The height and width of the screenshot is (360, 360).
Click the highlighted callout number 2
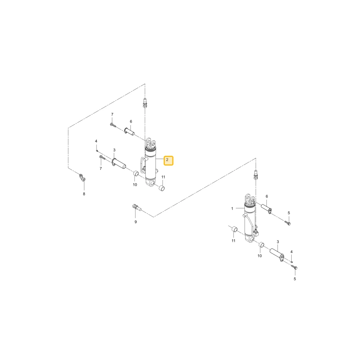[168, 160]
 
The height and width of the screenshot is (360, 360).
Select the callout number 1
[232, 209]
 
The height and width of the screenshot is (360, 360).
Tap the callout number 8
[84, 194]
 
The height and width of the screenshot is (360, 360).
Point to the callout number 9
[135, 222]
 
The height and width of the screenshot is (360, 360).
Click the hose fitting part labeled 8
[82, 177]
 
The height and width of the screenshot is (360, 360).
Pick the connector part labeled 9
[136, 207]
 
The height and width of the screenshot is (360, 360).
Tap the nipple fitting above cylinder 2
[145, 102]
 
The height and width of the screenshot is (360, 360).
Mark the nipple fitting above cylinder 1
[256, 174]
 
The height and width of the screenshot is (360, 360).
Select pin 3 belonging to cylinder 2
[119, 163]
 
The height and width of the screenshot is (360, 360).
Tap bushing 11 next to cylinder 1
[234, 229]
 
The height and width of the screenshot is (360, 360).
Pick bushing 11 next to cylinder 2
[162, 189]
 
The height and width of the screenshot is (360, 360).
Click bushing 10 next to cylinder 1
[261, 245]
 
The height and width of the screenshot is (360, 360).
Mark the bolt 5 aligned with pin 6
[288, 223]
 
